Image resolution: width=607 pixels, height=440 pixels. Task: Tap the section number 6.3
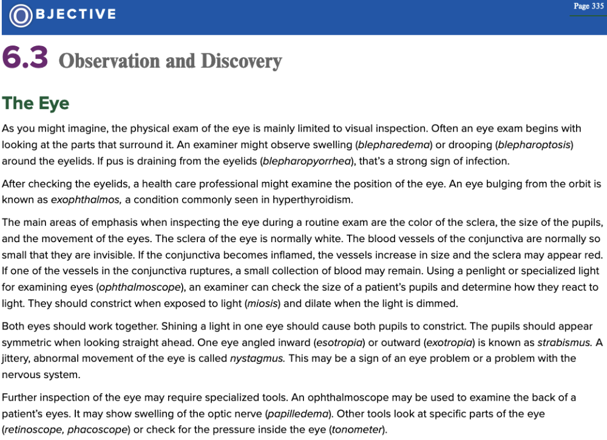[25, 58]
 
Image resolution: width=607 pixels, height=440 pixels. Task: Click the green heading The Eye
[36, 103]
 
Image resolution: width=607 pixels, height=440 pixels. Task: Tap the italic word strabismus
[565, 342]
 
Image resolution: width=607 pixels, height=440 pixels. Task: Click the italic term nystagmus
[257, 359]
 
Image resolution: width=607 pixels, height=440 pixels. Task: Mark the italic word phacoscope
[98, 430]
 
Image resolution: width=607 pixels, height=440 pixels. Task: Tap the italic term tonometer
[357, 430]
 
